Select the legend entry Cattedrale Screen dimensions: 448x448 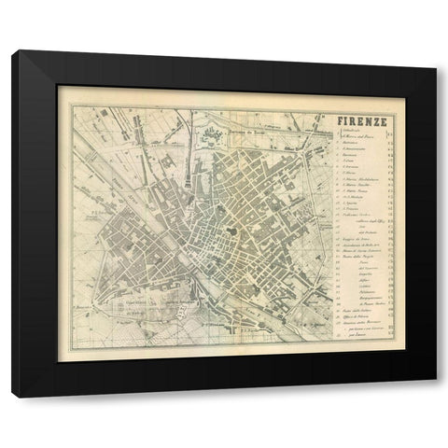click(351, 133)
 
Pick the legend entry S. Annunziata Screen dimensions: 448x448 click(353, 151)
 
